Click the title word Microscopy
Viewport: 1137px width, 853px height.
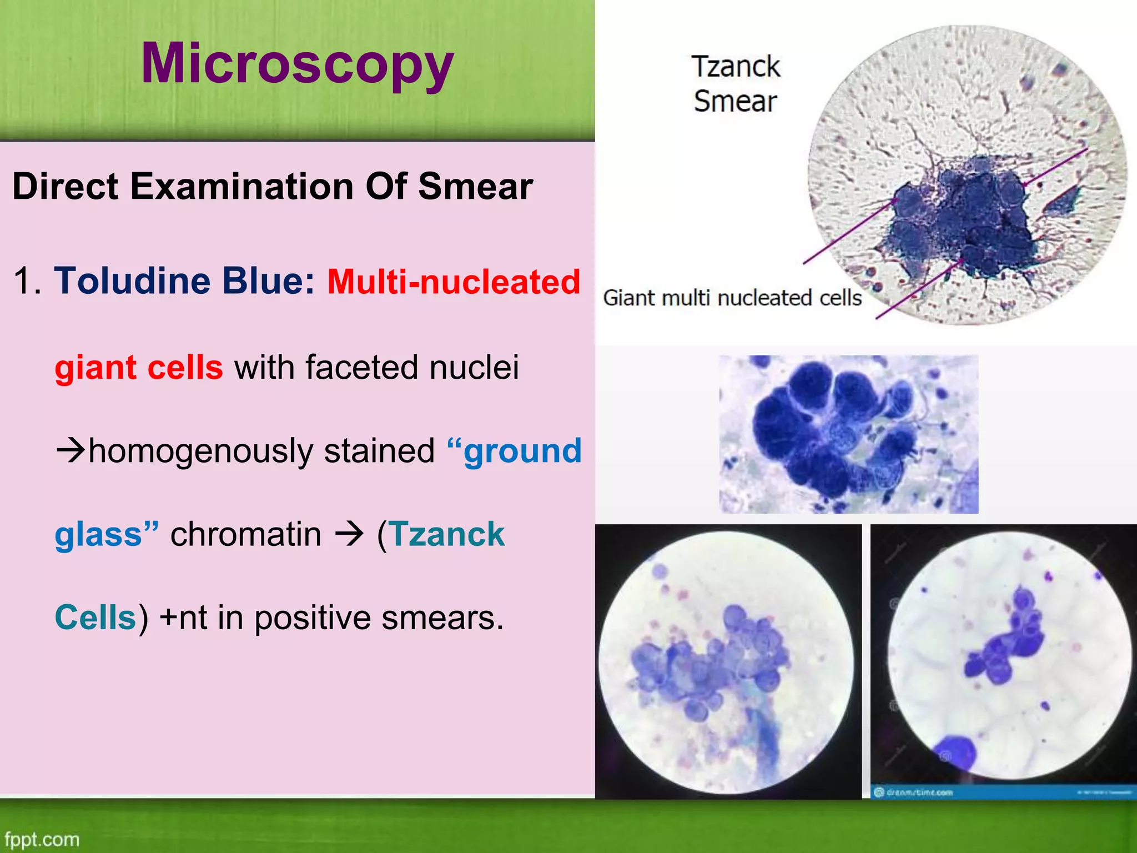click(x=298, y=64)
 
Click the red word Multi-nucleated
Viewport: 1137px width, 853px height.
click(x=454, y=282)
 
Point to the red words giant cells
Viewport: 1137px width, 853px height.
click(x=139, y=368)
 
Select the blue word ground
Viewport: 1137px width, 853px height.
click(x=522, y=450)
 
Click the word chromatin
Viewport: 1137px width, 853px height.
click(x=246, y=534)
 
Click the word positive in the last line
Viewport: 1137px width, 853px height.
click(x=313, y=618)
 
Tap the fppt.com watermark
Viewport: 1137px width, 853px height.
click(x=42, y=839)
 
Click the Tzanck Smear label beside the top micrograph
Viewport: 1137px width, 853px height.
click(x=736, y=84)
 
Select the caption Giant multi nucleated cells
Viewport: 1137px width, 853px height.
click(x=732, y=298)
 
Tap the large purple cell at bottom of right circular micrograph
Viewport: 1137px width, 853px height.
click(x=956, y=753)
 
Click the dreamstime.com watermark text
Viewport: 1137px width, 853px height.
click(x=919, y=792)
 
